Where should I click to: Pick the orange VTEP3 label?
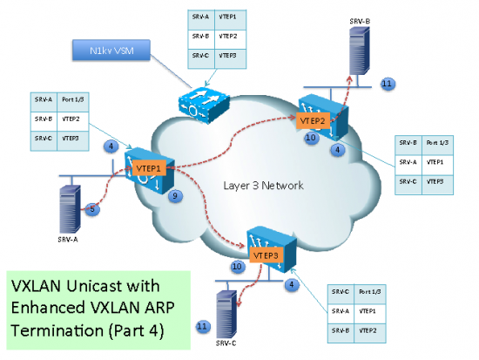click(x=263, y=255)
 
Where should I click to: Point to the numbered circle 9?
click(x=175, y=198)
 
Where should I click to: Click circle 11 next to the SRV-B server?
click(x=388, y=85)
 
